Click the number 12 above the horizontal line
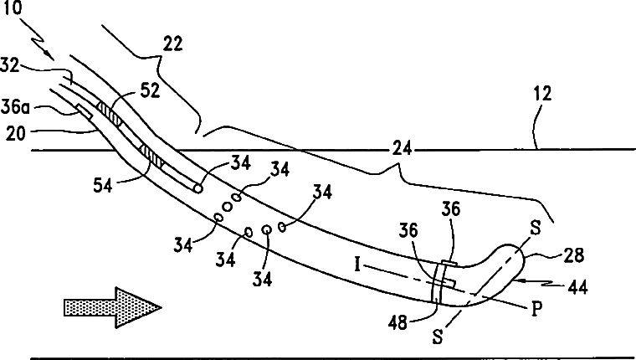click(x=542, y=95)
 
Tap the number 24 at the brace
click(x=399, y=151)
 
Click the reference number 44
click(x=576, y=287)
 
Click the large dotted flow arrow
click(x=110, y=308)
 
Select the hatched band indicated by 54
click(x=150, y=156)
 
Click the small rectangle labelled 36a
click(x=84, y=111)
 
